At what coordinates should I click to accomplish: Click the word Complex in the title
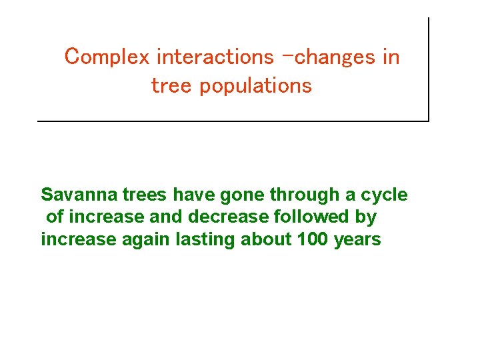[x=107, y=58]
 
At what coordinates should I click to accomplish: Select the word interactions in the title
[x=215, y=57]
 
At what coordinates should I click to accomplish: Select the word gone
[x=242, y=195]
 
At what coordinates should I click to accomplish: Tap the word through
[x=306, y=195]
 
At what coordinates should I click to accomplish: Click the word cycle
[x=384, y=195]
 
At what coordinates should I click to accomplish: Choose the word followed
[x=312, y=217]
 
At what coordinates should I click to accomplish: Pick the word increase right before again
[x=78, y=239]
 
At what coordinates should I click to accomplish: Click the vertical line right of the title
[x=428, y=67]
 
